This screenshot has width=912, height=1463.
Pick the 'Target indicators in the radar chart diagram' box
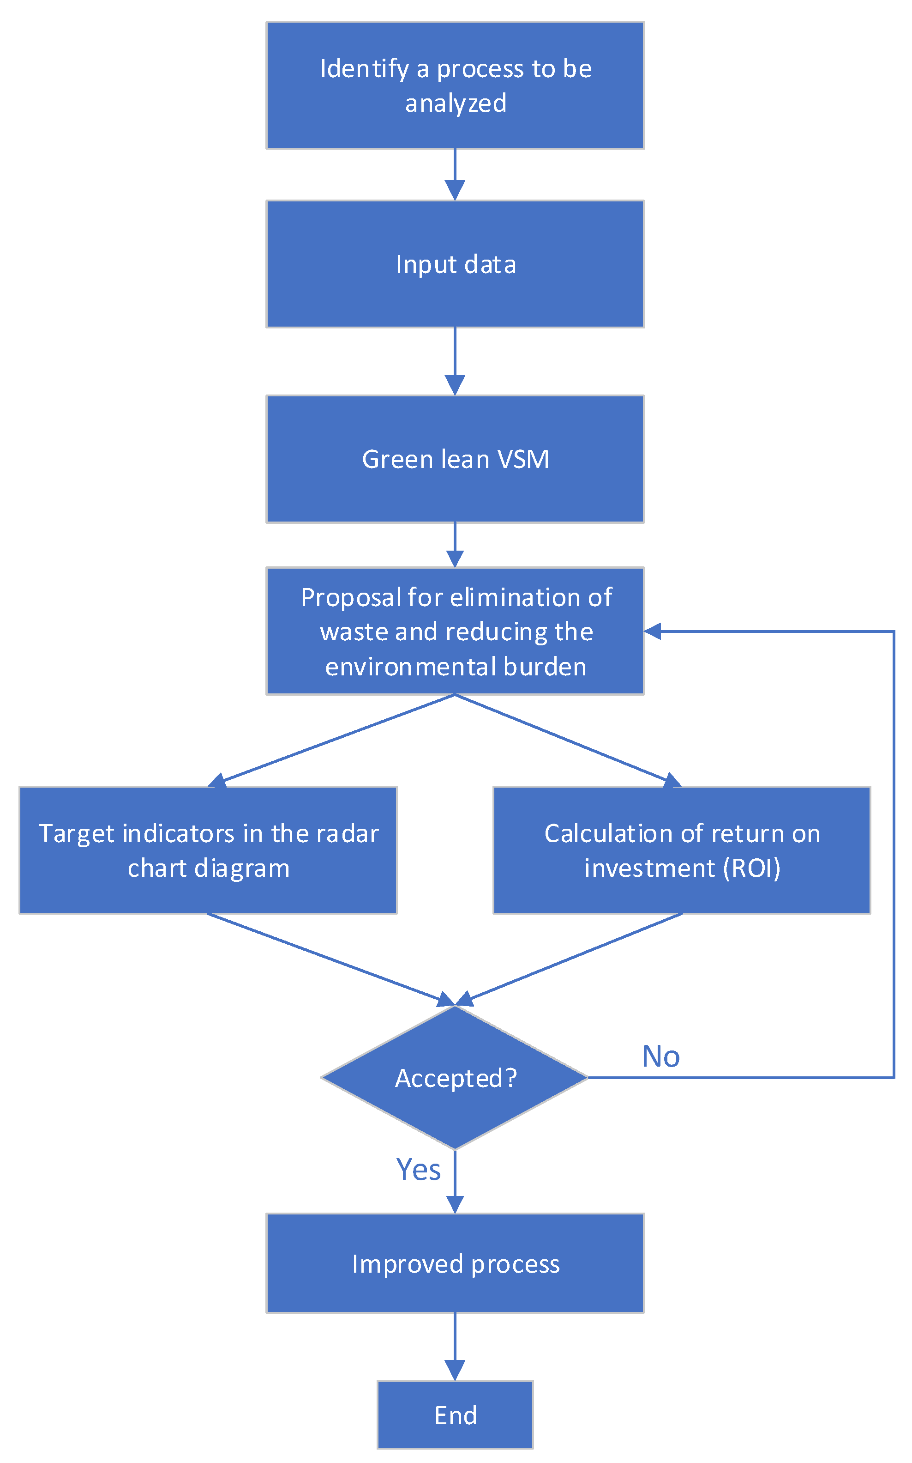click(x=208, y=850)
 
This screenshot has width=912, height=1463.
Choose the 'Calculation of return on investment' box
click(x=682, y=850)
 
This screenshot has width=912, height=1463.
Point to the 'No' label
click(x=660, y=1056)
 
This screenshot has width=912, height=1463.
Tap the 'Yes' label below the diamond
click(x=418, y=1169)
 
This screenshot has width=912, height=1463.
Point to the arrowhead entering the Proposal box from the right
click(x=653, y=631)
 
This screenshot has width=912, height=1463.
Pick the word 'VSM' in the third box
click(x=523, y=459)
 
